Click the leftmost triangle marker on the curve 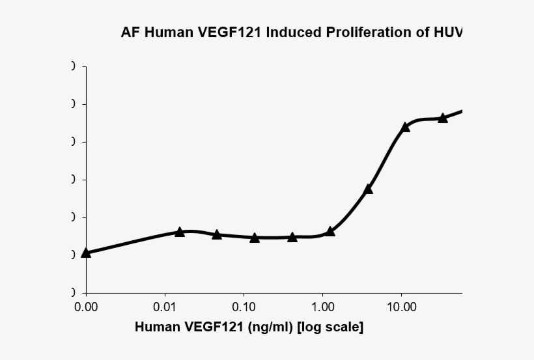point(86,253)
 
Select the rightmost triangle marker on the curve point(443,118)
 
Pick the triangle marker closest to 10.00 point(405,127)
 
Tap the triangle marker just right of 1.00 point(330,231)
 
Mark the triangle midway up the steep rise point(368,189)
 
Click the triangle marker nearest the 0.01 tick point(180,232)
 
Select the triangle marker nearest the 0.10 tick point(255,238)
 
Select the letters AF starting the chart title point(130,33)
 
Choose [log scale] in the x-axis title point(330,327)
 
